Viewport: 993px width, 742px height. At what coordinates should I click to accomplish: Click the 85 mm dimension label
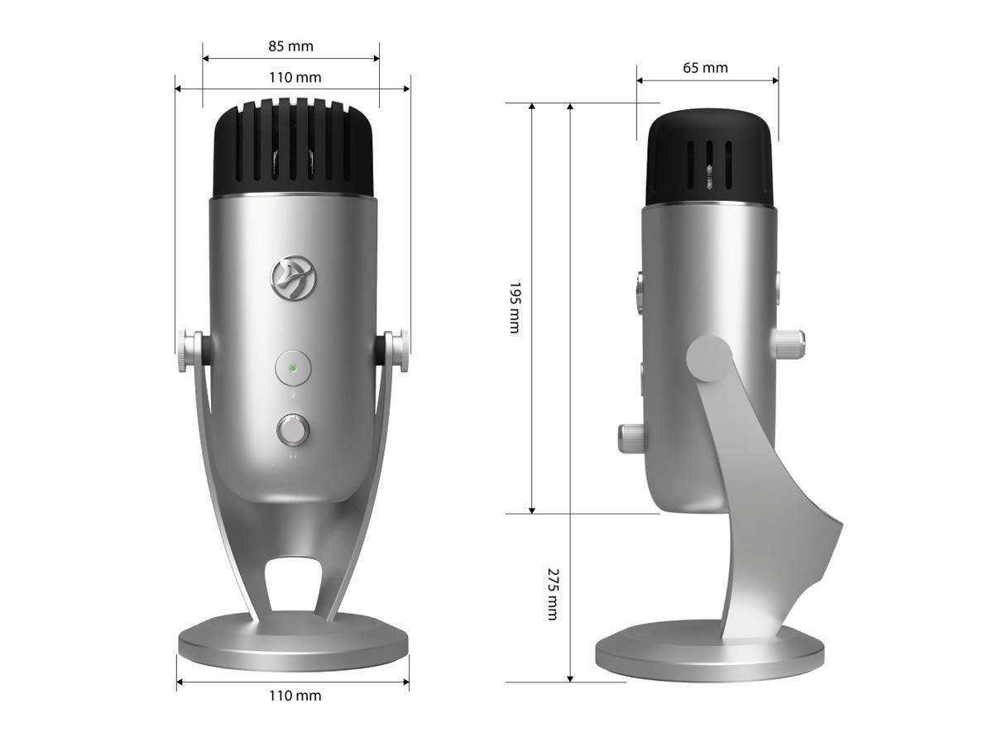290,46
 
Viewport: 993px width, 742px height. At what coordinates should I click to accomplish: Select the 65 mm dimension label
705,68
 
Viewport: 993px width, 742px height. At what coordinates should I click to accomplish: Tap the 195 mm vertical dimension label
515,308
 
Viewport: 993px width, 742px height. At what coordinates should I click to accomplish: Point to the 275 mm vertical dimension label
553,594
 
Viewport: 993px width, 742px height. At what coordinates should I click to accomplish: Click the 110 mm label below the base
295,696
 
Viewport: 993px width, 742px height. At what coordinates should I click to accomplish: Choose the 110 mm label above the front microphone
295,77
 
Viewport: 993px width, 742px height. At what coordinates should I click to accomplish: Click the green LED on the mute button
293,368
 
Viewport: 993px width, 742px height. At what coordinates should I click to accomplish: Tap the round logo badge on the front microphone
294,278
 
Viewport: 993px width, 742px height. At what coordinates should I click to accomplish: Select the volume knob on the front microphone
293,429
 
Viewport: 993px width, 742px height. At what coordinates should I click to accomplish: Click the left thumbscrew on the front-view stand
189,351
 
